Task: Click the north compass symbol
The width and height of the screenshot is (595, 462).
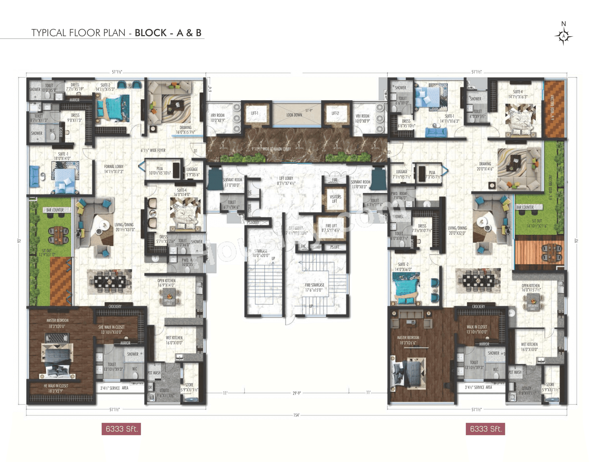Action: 563,36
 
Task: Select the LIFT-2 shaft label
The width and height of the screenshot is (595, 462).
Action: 335,113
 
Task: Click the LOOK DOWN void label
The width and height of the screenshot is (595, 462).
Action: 294,115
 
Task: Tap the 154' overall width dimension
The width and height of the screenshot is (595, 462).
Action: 296,415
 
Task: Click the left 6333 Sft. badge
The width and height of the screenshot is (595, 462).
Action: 121,429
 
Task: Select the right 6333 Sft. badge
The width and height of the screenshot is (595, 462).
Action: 485,429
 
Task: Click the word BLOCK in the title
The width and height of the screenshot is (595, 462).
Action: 151,33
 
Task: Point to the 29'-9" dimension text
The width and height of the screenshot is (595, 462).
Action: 296,393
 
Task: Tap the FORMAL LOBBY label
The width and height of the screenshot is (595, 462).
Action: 114,169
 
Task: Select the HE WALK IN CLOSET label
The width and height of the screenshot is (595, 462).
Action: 56,388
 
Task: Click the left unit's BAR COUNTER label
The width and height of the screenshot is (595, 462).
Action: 55,210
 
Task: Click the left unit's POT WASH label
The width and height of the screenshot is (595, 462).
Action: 154,373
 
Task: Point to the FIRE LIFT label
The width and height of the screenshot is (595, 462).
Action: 331,228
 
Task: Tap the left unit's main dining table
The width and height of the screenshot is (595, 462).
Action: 109,282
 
